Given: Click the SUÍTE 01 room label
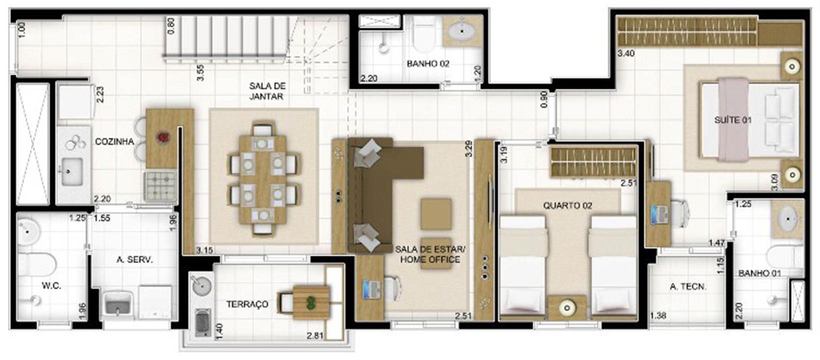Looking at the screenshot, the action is [733, 120].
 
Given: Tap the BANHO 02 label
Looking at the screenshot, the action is [428, 63].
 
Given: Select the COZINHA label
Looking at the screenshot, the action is [114, 141].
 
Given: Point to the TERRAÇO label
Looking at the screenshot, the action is [247, 304].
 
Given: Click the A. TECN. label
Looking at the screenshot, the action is [688, 287].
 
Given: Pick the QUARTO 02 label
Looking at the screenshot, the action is [567, 205].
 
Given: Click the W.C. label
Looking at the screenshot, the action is [51, 285].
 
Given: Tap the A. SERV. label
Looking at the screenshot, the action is [134, 259].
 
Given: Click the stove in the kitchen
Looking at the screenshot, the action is [160, 187].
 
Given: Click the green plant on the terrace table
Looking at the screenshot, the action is [311, 302].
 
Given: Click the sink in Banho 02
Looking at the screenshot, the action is [461, 31].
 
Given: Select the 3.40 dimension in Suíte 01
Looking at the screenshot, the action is [626, 54].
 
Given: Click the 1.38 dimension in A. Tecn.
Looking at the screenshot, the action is [658, 315].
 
